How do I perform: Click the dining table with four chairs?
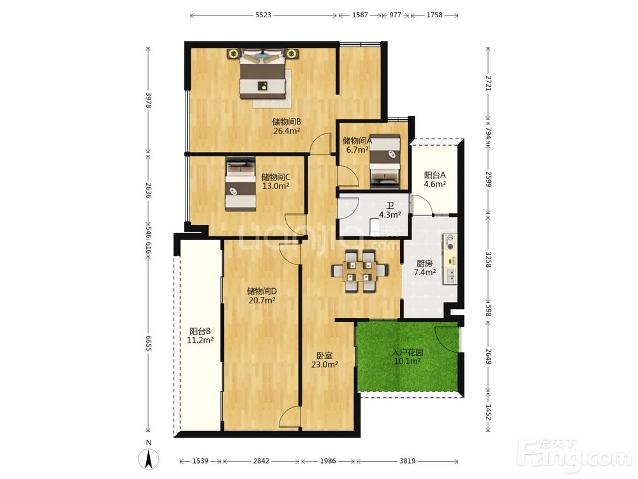click(360, 271)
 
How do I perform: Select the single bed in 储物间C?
click(241, 184)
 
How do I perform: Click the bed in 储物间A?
click(385, 162)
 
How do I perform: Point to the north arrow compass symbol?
click(149, 458)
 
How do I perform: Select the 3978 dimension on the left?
click(149, 100)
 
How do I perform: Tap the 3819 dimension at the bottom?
click(407, 460)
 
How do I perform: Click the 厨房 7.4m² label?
click(425, 268)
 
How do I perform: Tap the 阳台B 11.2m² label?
click(200, 336)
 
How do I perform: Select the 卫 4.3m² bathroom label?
click(390, 209)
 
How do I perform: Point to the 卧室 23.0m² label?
click(324, 360)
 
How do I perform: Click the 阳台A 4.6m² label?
click(435, 179)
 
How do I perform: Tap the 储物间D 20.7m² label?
click(262, 296)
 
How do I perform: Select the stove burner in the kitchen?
click(450, 241)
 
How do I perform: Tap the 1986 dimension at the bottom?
click(328, 460)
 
